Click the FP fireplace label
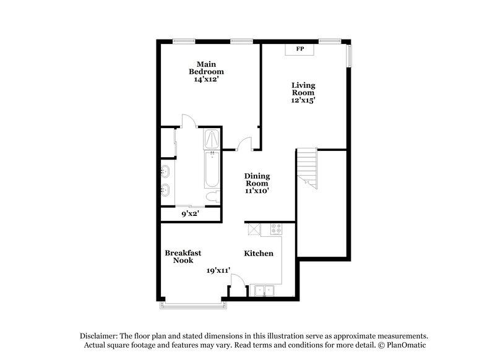300,49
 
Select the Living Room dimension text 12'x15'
304,101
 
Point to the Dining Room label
257,179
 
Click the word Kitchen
259,254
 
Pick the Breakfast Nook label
183,256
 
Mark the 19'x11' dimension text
218,270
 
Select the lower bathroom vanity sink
166,189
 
